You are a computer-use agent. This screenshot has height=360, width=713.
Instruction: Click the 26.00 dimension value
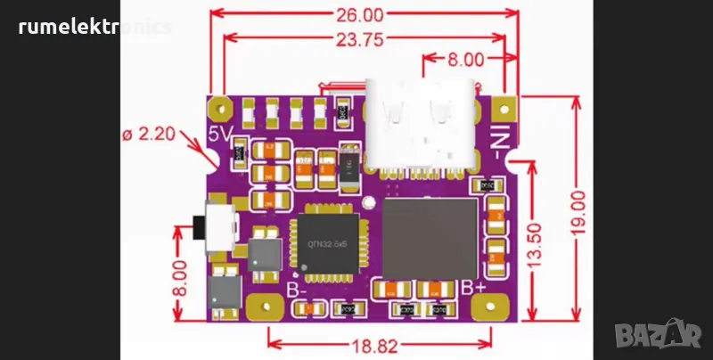(x=361, y=15)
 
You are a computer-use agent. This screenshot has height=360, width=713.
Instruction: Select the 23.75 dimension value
(x=361, y=38)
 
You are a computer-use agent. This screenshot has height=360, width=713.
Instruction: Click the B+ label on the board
(x=472, y=288)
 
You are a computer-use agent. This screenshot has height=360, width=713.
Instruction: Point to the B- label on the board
(x=299, y=290)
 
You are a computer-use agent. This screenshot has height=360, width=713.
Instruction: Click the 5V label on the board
(x=220, y=135)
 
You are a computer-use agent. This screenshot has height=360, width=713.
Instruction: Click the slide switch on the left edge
(x=216, y=231)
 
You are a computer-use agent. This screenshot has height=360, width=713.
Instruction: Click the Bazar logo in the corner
(x=664, y=335)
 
